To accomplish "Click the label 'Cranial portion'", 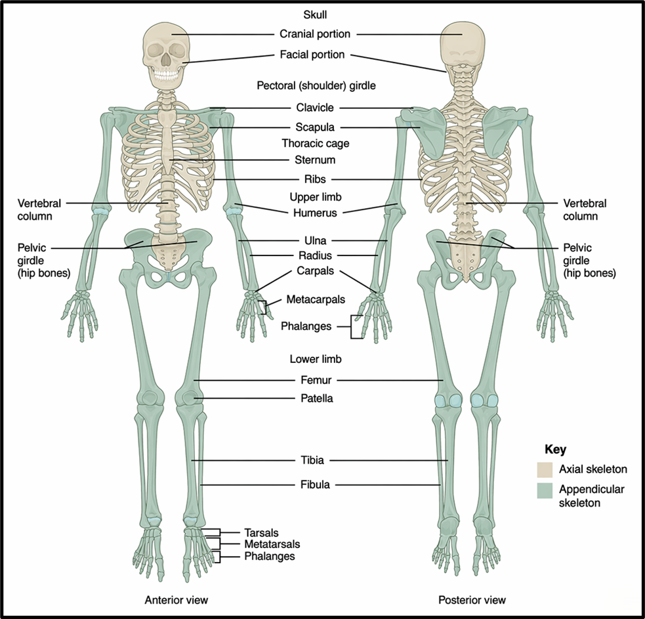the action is [x=315, y=33].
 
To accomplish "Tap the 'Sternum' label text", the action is [x=315, y=160].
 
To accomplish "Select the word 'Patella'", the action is [x=317, y=398].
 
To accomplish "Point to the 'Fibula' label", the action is [x=315, y=484].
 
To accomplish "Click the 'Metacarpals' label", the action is [x=316, y=299].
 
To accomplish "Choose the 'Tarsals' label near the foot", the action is [x=261, y=532].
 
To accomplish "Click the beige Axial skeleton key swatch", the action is [x=544, y=469].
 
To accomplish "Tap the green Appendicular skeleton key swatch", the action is [x=544, y=490].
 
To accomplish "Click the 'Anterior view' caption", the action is [x=176, y=600].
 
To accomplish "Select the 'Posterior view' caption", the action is [x=472, y=600].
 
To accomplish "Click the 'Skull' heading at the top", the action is [x=315, y=15].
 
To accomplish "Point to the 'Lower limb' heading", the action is [x=316, y=359].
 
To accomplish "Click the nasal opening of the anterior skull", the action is [x=165, y=60].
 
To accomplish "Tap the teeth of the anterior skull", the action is [x=166, y=75].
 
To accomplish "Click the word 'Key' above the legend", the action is [x=555, y=450].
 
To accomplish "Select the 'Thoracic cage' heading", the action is [x=315, y=143].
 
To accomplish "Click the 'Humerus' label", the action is [x=315, y=213].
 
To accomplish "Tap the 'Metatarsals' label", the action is [x=272, y=544].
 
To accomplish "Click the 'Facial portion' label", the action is [x=312, y=54].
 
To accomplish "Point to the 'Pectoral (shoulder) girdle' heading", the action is [x=316, y=85].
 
